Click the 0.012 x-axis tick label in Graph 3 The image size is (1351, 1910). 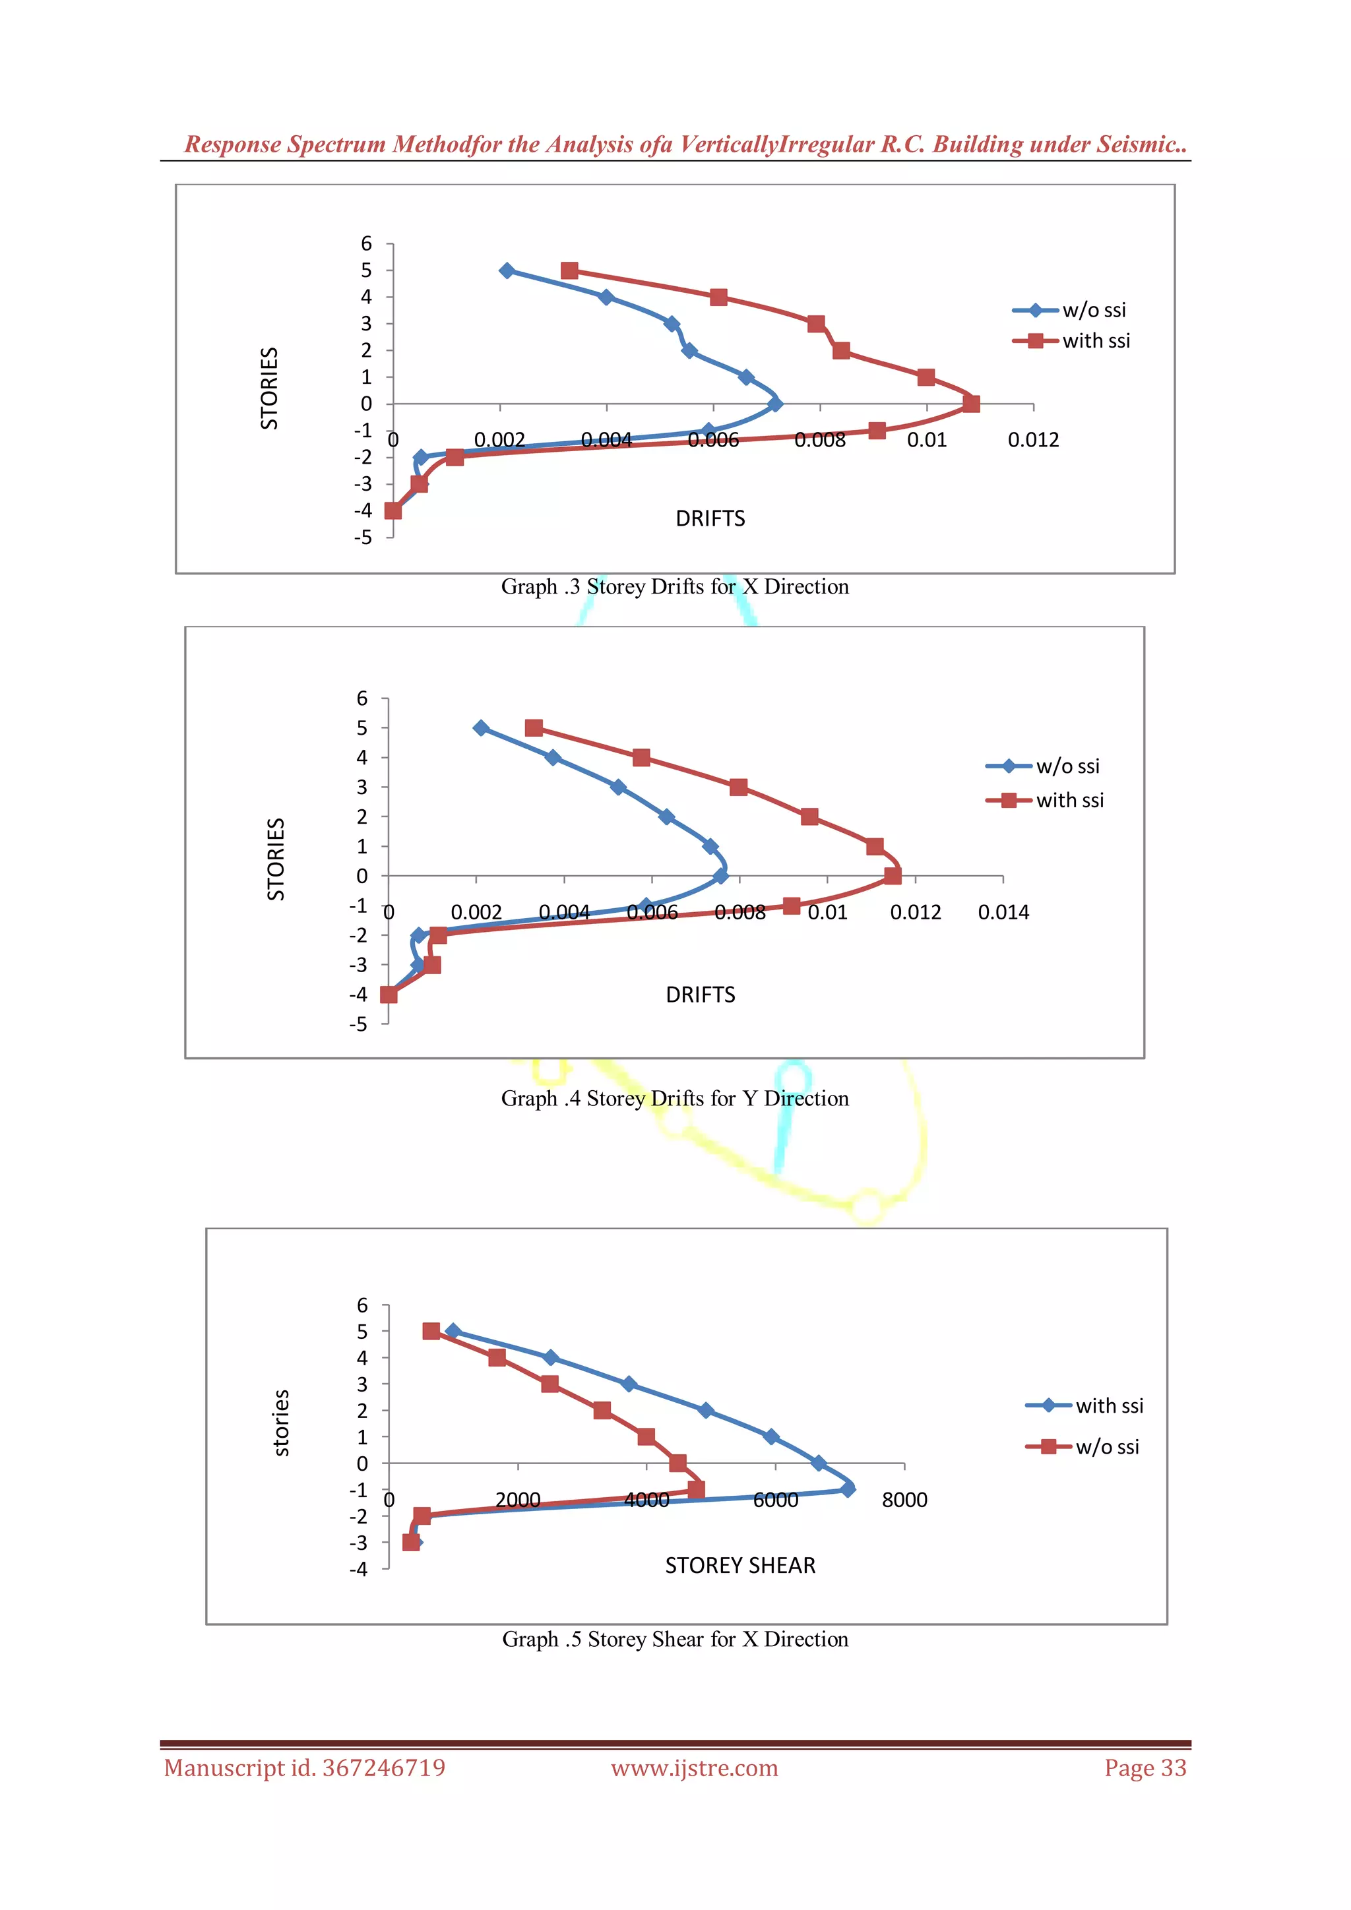(x=1033, y=440)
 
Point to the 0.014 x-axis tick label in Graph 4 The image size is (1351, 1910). (x=1003, y=913)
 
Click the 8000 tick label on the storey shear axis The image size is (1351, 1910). (x=904, y=1500)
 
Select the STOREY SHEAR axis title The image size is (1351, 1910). (x=739, y=1566)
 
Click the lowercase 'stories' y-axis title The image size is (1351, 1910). (x=281, y=1423)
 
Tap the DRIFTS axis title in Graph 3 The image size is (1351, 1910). (x=710, y=518)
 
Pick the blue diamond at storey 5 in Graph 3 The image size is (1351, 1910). (x=507, y=270)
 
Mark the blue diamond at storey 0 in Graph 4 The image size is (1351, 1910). (x=720, y=875)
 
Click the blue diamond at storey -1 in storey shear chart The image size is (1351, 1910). (x=848, y=1489)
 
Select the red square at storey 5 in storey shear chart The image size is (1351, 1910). (x=431, y=1331)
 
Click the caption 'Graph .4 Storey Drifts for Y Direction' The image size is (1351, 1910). (x=675, y=1098)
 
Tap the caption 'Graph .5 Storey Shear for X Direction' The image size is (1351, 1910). (x=675, y=1639)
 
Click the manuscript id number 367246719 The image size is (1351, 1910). (x=383, y=1768)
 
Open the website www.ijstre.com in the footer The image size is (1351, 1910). (x=695, y=1768)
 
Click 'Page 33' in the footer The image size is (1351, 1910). (x=1145, y=1768)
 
